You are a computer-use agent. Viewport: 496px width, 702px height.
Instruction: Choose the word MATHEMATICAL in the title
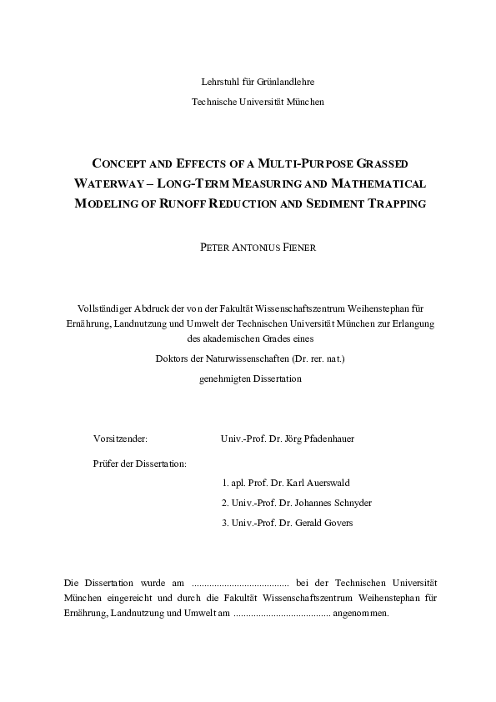(x=379, y=183)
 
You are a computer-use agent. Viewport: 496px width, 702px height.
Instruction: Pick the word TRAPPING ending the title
(x=399, y=203)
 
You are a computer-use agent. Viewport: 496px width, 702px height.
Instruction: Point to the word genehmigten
(x=223, y=379)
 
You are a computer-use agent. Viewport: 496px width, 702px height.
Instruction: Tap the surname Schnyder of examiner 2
(x=348, y=503)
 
